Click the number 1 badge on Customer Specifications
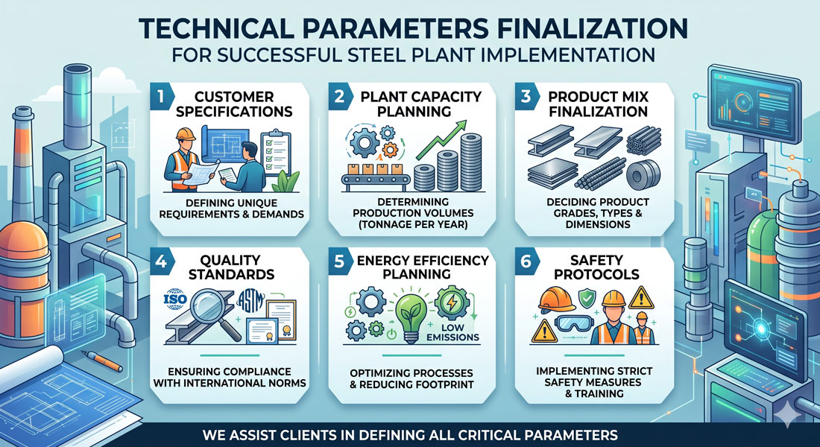160,98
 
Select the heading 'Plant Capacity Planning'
421,104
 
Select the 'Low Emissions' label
453,332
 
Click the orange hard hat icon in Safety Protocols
556,299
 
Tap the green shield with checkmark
586,299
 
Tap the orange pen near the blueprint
103,361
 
